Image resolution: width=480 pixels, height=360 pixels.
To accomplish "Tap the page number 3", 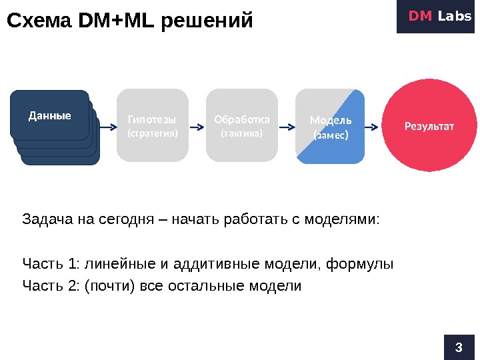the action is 458,347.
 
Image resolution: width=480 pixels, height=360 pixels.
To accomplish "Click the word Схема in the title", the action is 39,21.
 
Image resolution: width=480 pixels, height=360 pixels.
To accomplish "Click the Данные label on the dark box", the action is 50,115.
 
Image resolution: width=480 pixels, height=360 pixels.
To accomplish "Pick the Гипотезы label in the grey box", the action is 152,120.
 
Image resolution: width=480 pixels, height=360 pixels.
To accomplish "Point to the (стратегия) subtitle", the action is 153,133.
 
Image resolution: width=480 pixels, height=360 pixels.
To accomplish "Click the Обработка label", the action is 242,120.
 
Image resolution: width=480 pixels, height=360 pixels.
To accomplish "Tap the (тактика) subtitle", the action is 242,133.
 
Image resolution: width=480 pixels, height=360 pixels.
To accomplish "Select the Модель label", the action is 331,121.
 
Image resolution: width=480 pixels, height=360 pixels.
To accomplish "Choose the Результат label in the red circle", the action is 429,125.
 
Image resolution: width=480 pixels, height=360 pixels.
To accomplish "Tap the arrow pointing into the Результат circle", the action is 374,125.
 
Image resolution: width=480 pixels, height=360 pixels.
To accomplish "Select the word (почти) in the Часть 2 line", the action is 108,287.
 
